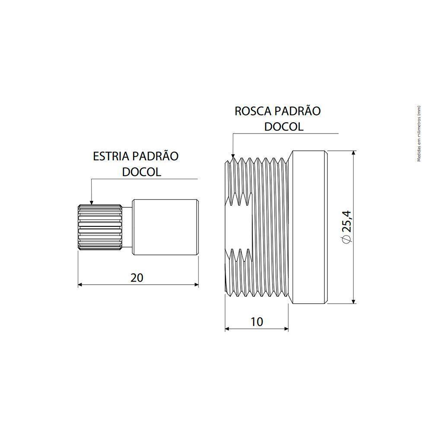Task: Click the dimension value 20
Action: [137, 278]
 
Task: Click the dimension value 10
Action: [256, 322]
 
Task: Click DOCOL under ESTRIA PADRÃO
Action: [142, 172]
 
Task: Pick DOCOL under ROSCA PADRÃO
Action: [284, 127]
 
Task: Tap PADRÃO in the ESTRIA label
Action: [156, 156]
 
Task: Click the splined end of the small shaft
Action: [99, 226]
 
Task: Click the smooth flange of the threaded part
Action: [308, 226]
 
